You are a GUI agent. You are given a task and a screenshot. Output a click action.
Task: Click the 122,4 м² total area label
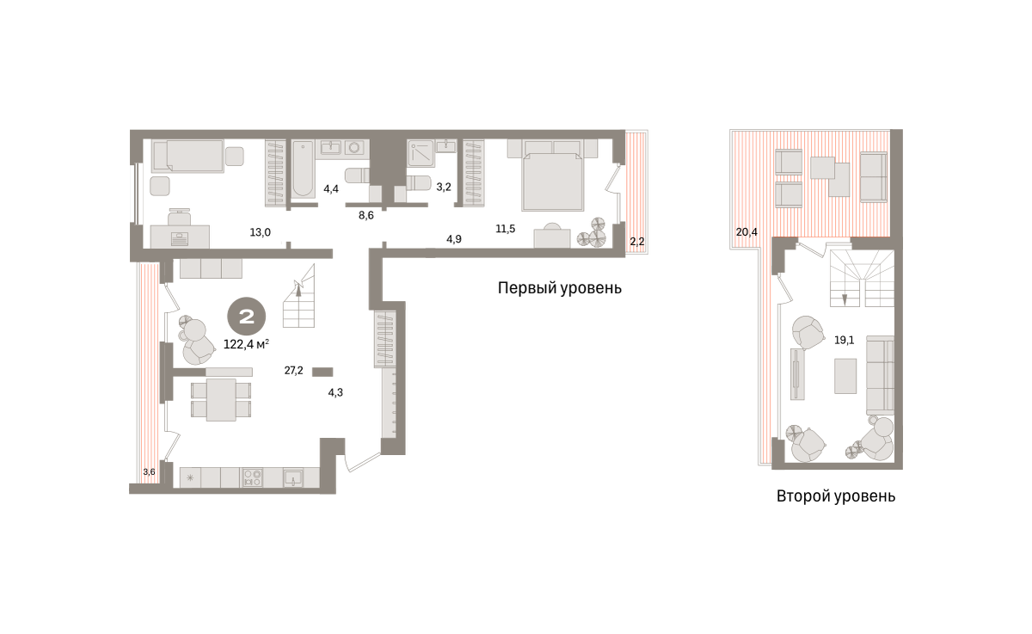(246, 344)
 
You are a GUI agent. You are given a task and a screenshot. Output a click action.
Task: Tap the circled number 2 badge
(247, 316)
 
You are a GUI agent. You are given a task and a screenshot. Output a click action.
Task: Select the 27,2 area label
(293, 371)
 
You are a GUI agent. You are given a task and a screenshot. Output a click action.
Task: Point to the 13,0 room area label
(261, 232)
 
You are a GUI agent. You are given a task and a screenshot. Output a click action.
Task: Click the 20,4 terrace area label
(746, 232)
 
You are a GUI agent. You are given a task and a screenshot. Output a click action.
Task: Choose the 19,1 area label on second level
(844, 341)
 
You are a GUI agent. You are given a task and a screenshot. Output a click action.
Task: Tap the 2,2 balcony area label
(637, 242)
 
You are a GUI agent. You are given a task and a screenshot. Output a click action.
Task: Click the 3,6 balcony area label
(149, 471)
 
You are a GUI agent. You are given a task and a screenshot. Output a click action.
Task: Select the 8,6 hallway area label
(366, 215)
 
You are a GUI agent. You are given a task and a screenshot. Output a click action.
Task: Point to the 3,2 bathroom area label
(444, 187)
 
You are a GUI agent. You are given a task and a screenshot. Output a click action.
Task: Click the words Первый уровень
(559, 288)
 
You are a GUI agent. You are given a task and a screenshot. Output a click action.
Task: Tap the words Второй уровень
(836, 496)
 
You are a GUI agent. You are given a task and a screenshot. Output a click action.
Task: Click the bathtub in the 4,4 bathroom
(303, 170)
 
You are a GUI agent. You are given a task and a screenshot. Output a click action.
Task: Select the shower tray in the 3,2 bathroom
(421, 153)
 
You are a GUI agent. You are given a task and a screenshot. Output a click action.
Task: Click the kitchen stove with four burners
(252, 477)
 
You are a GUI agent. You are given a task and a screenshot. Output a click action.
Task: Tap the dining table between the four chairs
(221, 400)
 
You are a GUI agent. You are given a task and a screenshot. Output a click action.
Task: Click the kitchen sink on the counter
(293, 477)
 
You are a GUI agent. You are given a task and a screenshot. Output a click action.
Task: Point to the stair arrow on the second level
(845, 299)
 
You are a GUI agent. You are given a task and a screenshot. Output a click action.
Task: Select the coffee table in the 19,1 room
(845, 376)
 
